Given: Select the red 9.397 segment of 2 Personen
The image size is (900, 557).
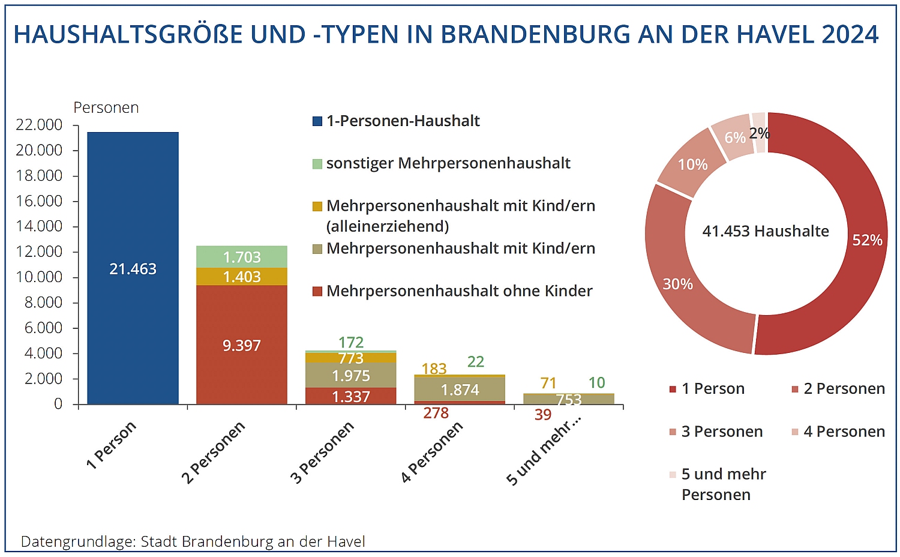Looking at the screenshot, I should pos(241,345).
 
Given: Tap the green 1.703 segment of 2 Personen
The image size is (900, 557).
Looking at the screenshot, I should pos(242,257).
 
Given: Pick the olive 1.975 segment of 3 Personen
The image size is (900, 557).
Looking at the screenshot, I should pos(351,375).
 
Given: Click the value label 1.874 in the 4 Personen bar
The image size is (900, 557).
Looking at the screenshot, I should pos(460,390).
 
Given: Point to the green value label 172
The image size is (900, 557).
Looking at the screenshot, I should pos(351,342).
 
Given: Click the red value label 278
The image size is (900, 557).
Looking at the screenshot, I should pos(436,413).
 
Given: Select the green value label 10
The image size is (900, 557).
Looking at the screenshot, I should pos(596,382).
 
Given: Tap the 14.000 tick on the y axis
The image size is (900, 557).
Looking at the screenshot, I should pos(39,226).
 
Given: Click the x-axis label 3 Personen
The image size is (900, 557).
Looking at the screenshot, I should pos(322,453).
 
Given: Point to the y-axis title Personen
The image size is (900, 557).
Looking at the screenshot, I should pos(106,107).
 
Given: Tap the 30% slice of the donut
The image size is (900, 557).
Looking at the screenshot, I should pos(679,284).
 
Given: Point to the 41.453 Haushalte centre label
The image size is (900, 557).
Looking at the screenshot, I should pos(766,231).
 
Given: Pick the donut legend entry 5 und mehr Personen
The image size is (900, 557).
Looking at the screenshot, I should pos(723,484).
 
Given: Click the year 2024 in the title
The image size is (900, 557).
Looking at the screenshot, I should pos(850,35).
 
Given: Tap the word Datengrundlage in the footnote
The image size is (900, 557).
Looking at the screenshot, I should pos(77,541).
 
